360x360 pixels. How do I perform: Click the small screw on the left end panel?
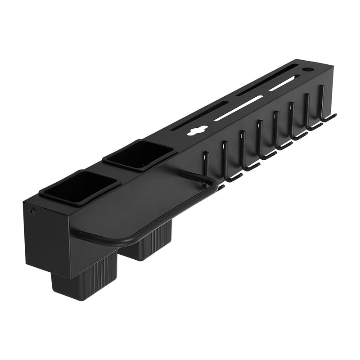click(x=33, y=210)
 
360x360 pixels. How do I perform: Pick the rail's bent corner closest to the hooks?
click(x=211, y=180)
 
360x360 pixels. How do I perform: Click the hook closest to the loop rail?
click(x=207, y=164)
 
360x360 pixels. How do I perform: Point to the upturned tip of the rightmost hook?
click(x=335, y=115)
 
